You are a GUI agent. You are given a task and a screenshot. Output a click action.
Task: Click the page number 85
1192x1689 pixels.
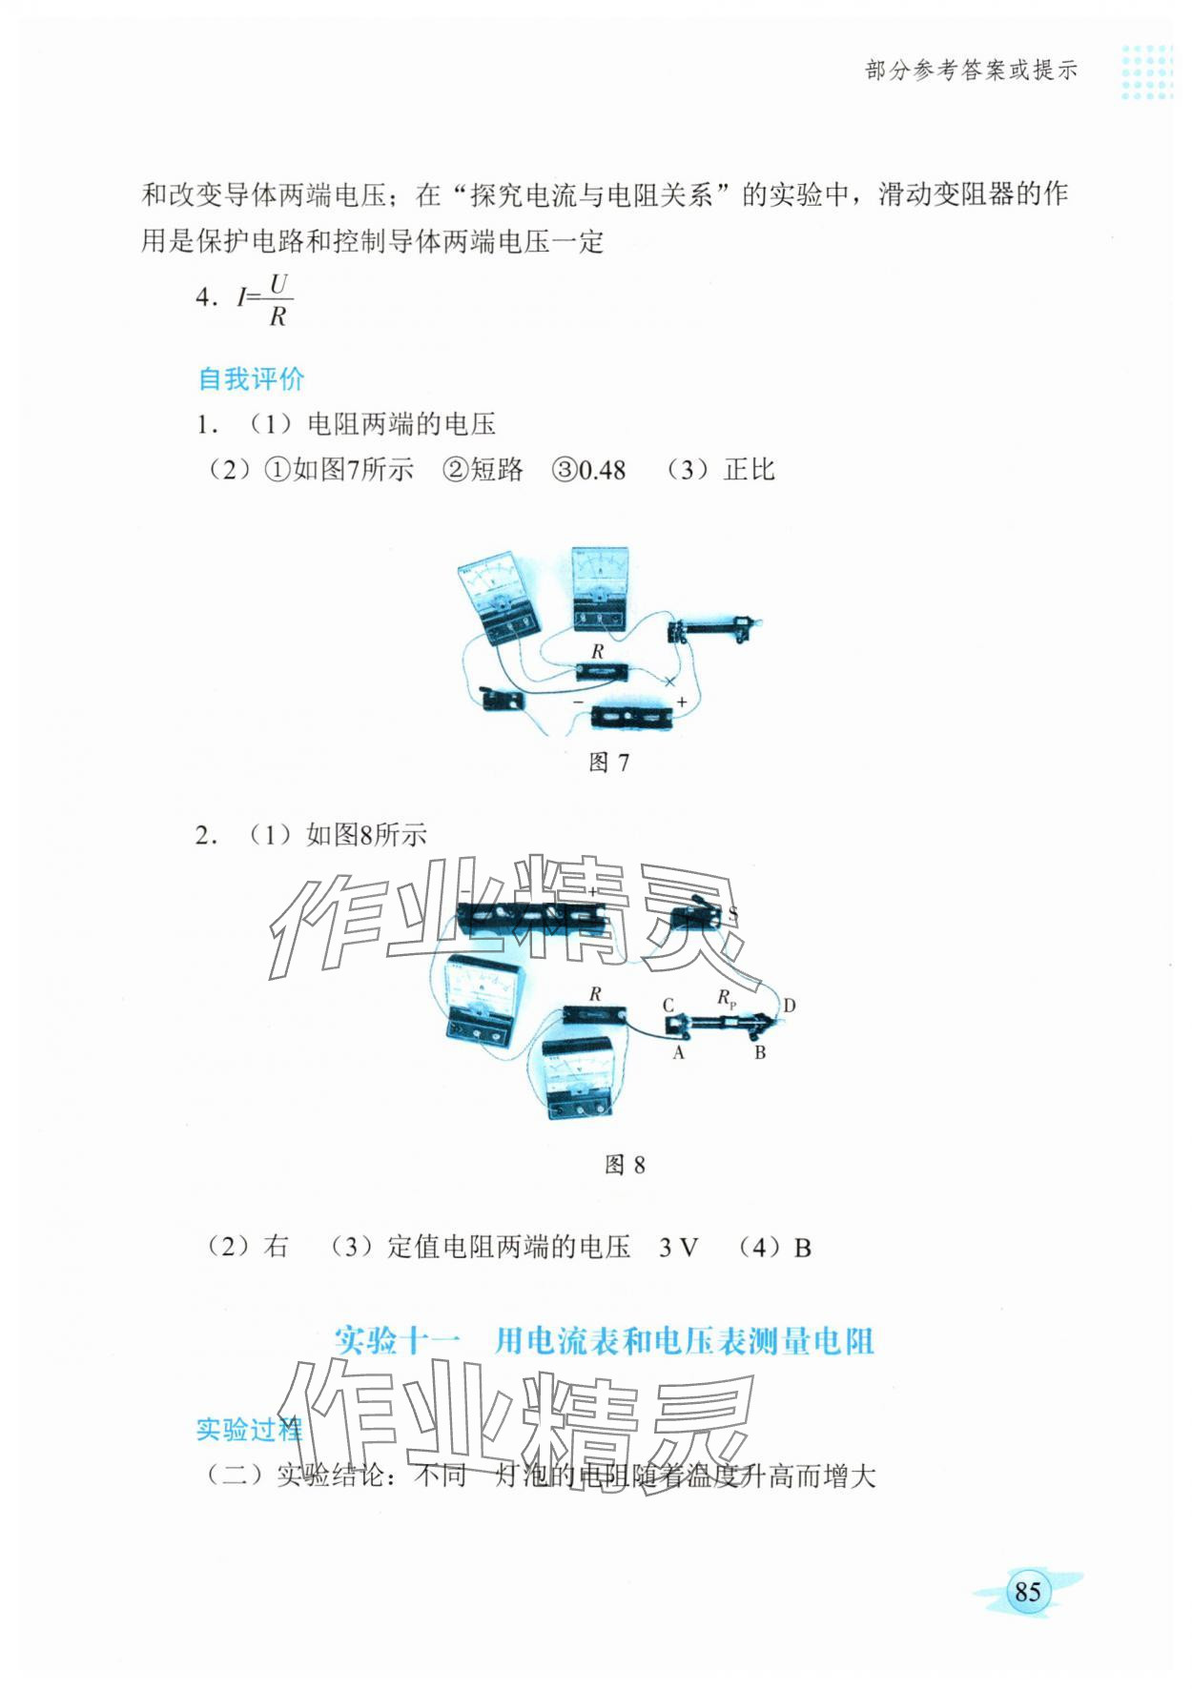coord(1027,1591)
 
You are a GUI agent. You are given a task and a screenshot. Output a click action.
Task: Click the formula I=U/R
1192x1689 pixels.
coord(264,300)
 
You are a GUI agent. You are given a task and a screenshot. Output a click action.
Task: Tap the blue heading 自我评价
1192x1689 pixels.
coord(251,378)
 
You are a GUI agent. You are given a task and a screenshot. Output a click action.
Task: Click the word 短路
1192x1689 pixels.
coord(497,470)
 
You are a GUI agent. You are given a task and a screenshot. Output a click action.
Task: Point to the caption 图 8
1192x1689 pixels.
coord(625,1165)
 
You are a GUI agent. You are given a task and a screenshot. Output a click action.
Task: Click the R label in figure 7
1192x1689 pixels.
coord(598,652)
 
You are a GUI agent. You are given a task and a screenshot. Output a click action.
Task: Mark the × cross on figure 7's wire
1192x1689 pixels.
coord(669,682)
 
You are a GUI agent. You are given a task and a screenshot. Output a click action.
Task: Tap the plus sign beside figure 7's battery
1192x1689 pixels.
coord(682,702)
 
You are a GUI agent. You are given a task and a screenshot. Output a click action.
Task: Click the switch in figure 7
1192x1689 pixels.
coord(502,701)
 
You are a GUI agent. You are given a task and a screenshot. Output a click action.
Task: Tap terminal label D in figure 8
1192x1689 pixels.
coord(789,1006)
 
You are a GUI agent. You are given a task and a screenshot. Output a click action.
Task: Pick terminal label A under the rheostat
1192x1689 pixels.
coord(678,1053)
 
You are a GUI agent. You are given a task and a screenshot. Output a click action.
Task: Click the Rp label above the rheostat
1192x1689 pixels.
coord(727,998)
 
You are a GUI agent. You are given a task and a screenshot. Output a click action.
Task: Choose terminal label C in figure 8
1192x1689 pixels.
coord(668,1005)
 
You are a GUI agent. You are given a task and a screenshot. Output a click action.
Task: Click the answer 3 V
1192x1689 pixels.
coord(678,1248)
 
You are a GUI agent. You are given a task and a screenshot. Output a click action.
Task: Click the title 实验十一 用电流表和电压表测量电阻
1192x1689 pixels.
coord(605,1341)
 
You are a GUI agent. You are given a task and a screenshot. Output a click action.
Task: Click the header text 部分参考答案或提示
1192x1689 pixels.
coord(970,70)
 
